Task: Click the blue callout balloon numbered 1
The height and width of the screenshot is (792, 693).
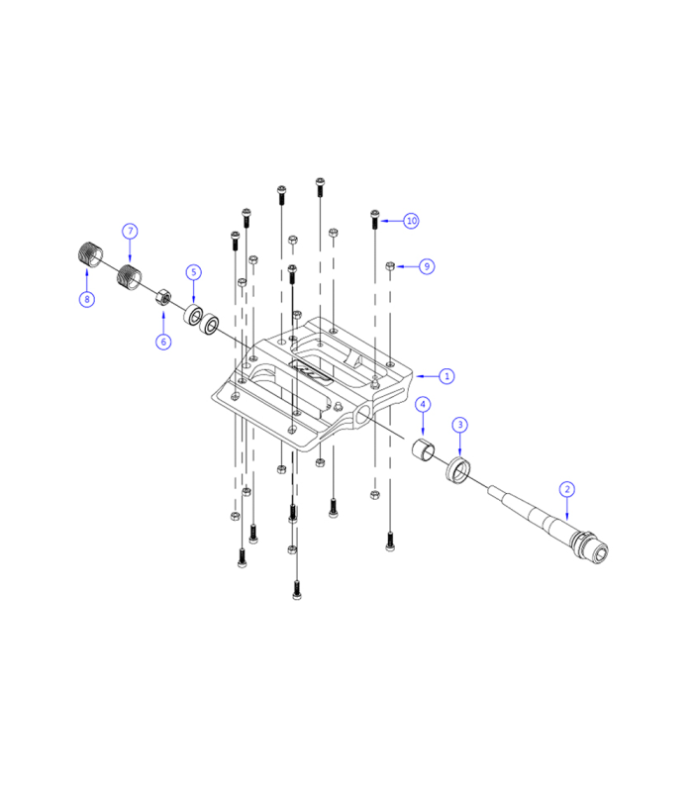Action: coord(446,376)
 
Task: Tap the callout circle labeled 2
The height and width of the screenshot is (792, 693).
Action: coord(566,488)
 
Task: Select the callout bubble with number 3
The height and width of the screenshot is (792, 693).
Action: coord(460,425)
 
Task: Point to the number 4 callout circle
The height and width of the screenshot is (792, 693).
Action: coord(423,405)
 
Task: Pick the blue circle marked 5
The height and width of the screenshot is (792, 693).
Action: coord(194,271)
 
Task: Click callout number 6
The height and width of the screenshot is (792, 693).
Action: coord(163,342)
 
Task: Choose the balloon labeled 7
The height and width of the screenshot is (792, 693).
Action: coord(130,231)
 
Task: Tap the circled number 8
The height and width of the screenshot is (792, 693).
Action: coord(86,298)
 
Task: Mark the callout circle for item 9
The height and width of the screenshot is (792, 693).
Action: coord(426,266)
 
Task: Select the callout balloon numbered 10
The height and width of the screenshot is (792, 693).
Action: coord(411,220)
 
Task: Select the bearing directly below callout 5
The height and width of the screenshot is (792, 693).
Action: coord(194,317)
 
